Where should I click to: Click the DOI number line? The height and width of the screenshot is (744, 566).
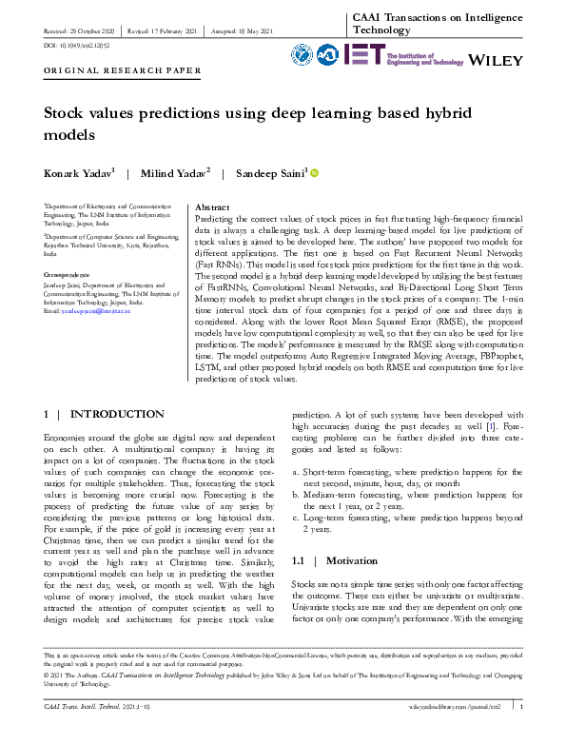[76, 44]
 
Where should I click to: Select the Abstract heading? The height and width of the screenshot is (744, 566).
[212, 206]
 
